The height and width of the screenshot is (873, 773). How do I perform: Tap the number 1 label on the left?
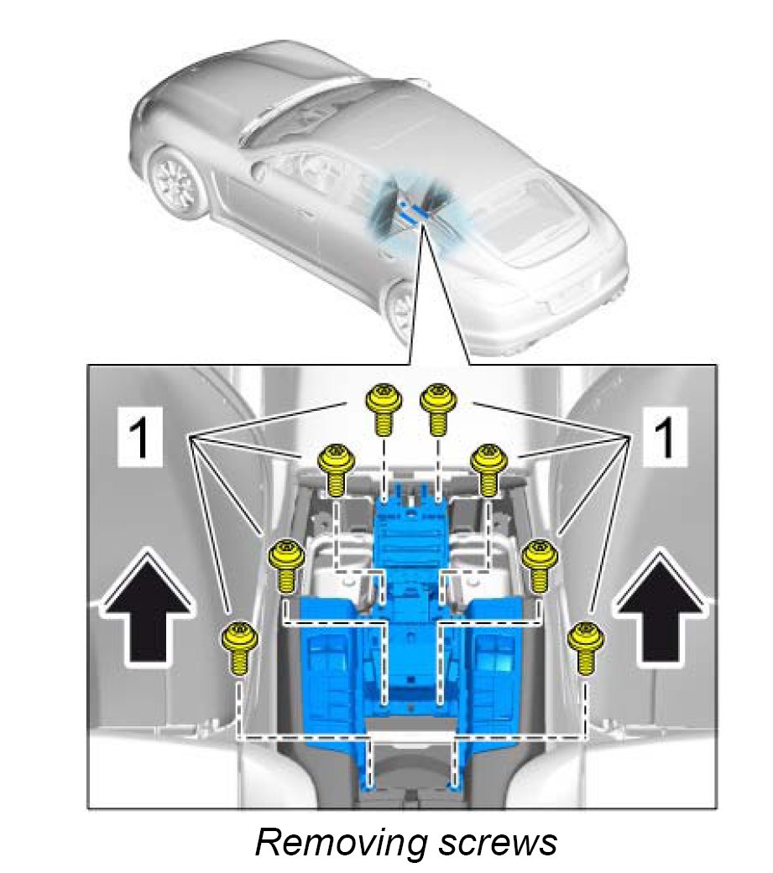click(x=139, y=438)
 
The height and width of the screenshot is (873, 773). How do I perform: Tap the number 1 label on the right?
click(x=665, y=438)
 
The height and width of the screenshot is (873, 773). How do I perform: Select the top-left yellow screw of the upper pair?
click(x=383, y=409)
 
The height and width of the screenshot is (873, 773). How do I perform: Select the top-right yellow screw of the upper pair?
click(x=438, y=409)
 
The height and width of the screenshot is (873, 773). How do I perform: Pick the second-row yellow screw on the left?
click(x=336, y=470)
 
